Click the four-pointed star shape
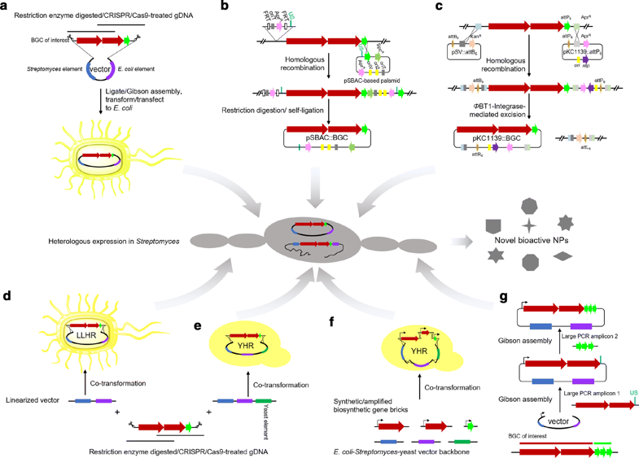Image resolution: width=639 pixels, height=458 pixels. pos(529,222)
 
